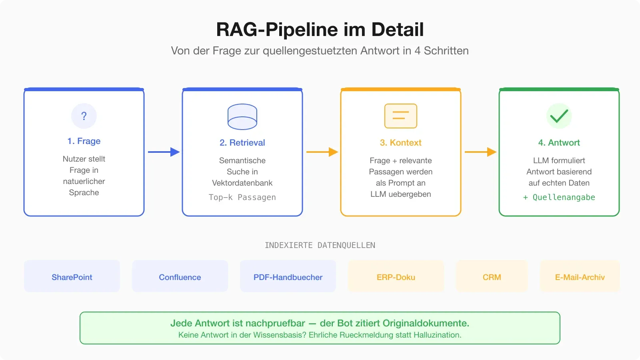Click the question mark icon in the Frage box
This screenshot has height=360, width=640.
click(84, 116)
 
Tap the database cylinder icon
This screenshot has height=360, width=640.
click(242, 117)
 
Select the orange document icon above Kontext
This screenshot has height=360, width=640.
click(401, 116)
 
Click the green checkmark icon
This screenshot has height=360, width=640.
click(559, 116)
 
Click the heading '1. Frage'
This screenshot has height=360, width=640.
click(84, 141)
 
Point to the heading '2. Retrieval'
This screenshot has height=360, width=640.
click(242, 143)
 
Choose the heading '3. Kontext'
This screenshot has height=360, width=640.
click(401, 143)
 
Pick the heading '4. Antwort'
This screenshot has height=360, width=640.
click(559, 143)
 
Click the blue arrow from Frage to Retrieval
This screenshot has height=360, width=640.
click(164, 152)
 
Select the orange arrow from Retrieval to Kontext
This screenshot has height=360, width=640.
click(322, 152)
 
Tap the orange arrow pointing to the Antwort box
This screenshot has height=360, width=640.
click(480, 152)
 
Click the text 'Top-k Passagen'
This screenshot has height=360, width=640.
click(242, 197)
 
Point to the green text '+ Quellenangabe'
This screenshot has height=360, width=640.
click(559, 197)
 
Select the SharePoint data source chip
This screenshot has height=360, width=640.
click(72, 277)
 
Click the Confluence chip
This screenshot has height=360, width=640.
click(180, 277)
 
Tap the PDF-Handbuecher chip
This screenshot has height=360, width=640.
click(288, 277)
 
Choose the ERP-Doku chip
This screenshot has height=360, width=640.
click(396, 277)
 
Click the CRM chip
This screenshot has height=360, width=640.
click(492, 277)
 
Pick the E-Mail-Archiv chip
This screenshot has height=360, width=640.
click(580, 277)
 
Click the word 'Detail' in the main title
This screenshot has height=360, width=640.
click(397, 30)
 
